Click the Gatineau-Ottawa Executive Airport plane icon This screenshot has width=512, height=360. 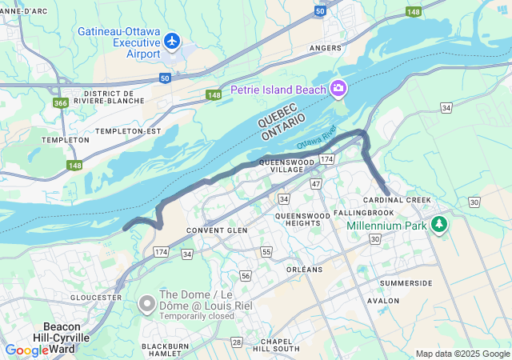point(171,40)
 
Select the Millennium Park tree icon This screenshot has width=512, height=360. point(438,226)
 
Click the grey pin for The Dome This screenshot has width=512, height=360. point(147,304)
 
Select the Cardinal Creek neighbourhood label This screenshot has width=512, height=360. point(397,200)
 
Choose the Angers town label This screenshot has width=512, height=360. point(326,48)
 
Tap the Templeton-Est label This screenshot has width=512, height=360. point(128,130)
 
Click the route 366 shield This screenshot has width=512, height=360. point(61,102)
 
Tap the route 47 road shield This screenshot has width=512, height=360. point(316,184)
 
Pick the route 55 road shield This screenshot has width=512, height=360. point(266,251)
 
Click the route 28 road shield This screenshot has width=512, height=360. point(237,342)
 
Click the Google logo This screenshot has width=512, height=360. point(27,350)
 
